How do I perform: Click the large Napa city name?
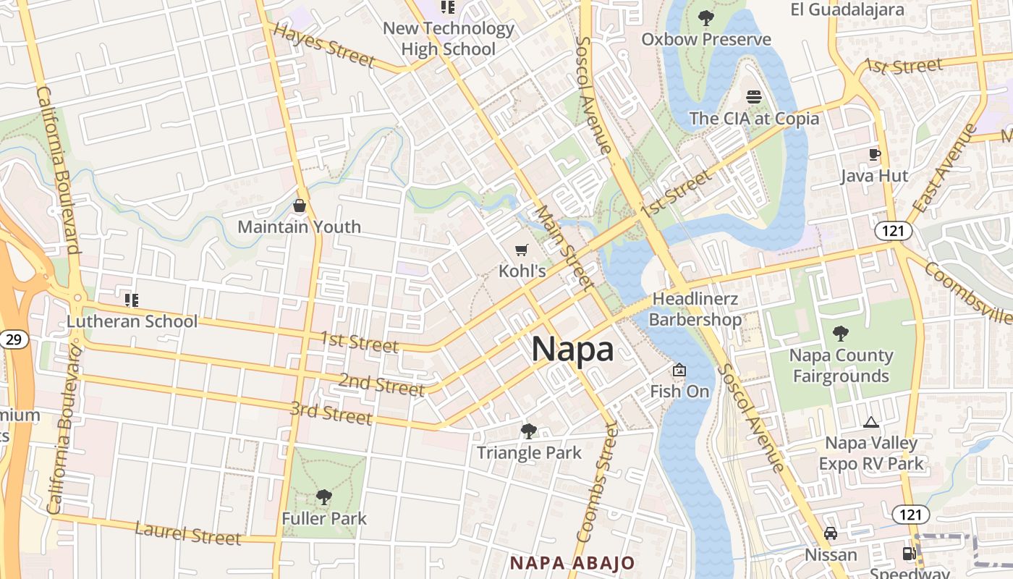coord(572,350)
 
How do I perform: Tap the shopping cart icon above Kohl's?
coord(521,250)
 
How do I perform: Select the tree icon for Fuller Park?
coord(324,496)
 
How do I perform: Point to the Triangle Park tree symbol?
coord(529,431)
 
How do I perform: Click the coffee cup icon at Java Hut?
coord(874,154)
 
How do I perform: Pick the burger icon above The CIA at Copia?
coord(754,97)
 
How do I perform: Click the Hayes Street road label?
coord(324,44)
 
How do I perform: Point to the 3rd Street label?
coord(331,413)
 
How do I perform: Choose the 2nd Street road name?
coord(381,384)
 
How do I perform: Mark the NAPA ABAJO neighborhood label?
coord(572,562)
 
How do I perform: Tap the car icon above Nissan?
coord(831,533)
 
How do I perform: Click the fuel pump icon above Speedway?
coord(908,554)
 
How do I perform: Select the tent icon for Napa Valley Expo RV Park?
coord(871,422)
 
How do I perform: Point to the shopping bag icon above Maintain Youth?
coord(300,206)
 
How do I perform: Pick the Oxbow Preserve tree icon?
coord(705,17)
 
